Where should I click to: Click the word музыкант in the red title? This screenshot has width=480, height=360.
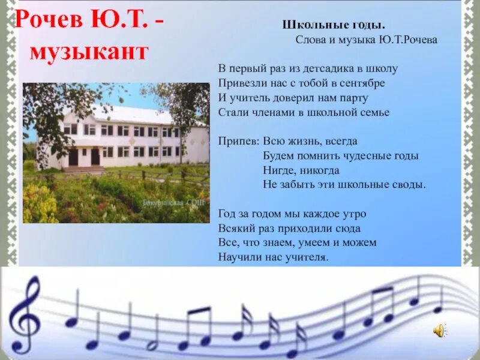click(x=89, y=52)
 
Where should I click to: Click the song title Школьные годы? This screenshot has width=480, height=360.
click(x=334, y=25)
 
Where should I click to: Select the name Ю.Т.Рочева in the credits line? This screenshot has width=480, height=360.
click(x=407, y=40)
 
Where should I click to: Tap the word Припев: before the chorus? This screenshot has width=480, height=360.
click(x=238, y=141)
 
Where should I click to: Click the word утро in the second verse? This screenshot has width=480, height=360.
click(x=353, y=214)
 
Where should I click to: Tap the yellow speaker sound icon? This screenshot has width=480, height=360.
click(x=440, y=329)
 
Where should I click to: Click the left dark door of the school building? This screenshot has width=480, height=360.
click(x=73, y=157)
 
